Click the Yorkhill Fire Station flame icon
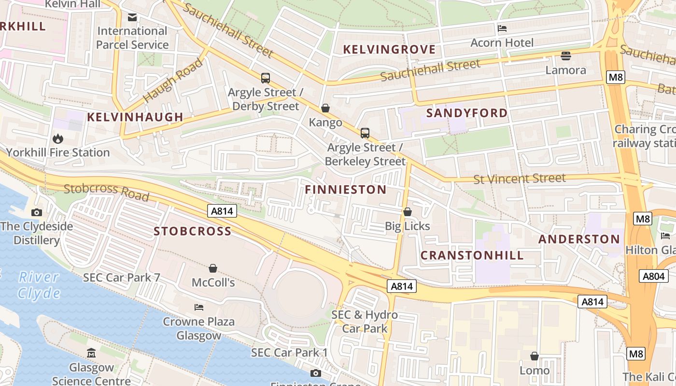(x=58, y=139)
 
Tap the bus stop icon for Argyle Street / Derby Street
(x=265, y=78)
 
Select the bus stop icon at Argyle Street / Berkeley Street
(x=365, y=133)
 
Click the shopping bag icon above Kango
(x=325, y=109)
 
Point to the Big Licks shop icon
(x=408, y=212)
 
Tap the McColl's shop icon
(x=213, y=268)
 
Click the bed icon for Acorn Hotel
(x=502, y=28)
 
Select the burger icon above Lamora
(x=565, y=56)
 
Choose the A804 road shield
(x=654, y=276)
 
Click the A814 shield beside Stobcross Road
(x=222, y=210)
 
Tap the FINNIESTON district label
(x=346, y=190)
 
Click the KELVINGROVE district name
(x=389, y=49)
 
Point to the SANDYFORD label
(x=467, y=113)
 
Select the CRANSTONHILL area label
(x=472, y=255)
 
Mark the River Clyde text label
(x=39, y=285)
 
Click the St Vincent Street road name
(x=519, y=179)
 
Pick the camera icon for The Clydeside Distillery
(x=36, y=212)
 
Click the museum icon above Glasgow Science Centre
(x=91, y=353)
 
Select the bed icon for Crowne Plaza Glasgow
(x=198, y=307)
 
